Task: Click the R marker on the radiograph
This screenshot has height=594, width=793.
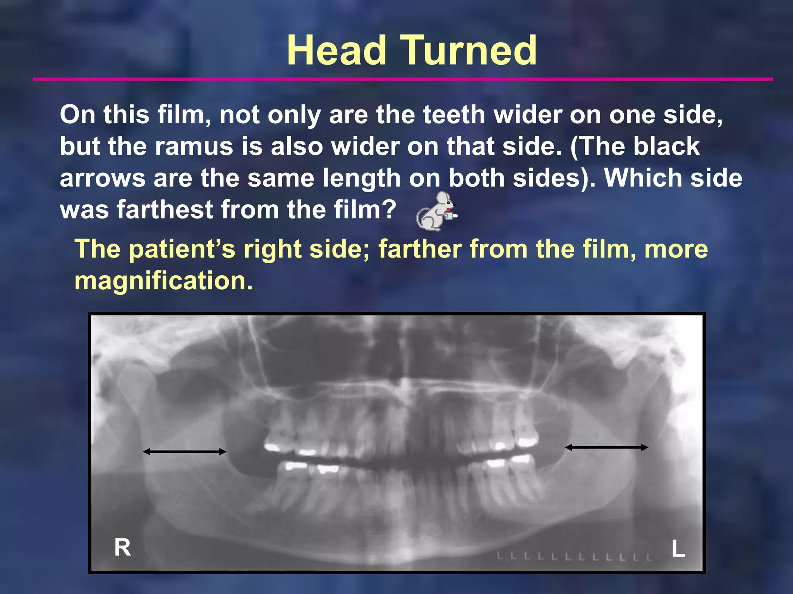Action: point(122,548)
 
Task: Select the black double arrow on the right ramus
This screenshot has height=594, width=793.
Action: point(185,451)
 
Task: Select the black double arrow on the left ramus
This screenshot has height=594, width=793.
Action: point(606,447)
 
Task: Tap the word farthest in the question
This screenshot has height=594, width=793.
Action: point(165,210)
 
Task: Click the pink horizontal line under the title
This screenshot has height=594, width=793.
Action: point(403,79)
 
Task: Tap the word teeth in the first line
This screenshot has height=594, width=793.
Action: point(454,115)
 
